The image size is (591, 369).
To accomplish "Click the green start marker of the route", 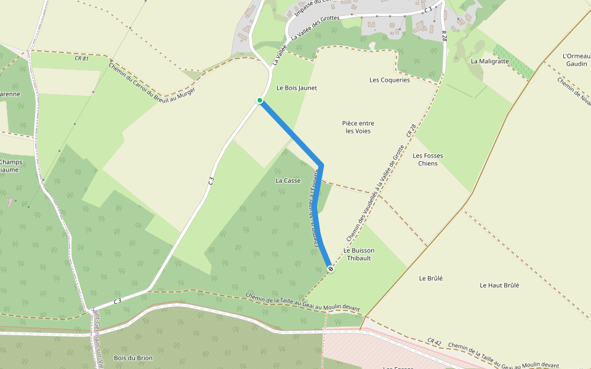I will [x=260, y=100].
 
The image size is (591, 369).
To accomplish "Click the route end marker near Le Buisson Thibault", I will [x=331, y=269].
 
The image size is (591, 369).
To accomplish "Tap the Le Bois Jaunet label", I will [x=297, y=88].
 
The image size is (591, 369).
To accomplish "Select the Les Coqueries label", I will [x=389, y=80].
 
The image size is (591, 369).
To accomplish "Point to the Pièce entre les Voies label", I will [x=358, y=127].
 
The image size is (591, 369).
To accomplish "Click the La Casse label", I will [x=287, y=180].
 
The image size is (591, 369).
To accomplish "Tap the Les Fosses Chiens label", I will [x=427, y=159].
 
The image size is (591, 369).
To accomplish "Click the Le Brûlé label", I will [x=430, y=278].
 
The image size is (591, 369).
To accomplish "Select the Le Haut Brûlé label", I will [x=499, y=285].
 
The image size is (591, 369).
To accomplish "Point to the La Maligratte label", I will [x=489, y=61].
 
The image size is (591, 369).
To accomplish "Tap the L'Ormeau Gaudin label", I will [x=576, y=60].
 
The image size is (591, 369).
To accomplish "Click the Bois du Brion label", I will [x=133, y=357].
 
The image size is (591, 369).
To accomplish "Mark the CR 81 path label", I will [x=81, y=58].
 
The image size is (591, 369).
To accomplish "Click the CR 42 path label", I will [x=435, y=341].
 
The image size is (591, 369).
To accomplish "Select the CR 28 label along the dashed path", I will [x=411, y=130].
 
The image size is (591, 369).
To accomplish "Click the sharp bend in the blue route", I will [x=321, y=164].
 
